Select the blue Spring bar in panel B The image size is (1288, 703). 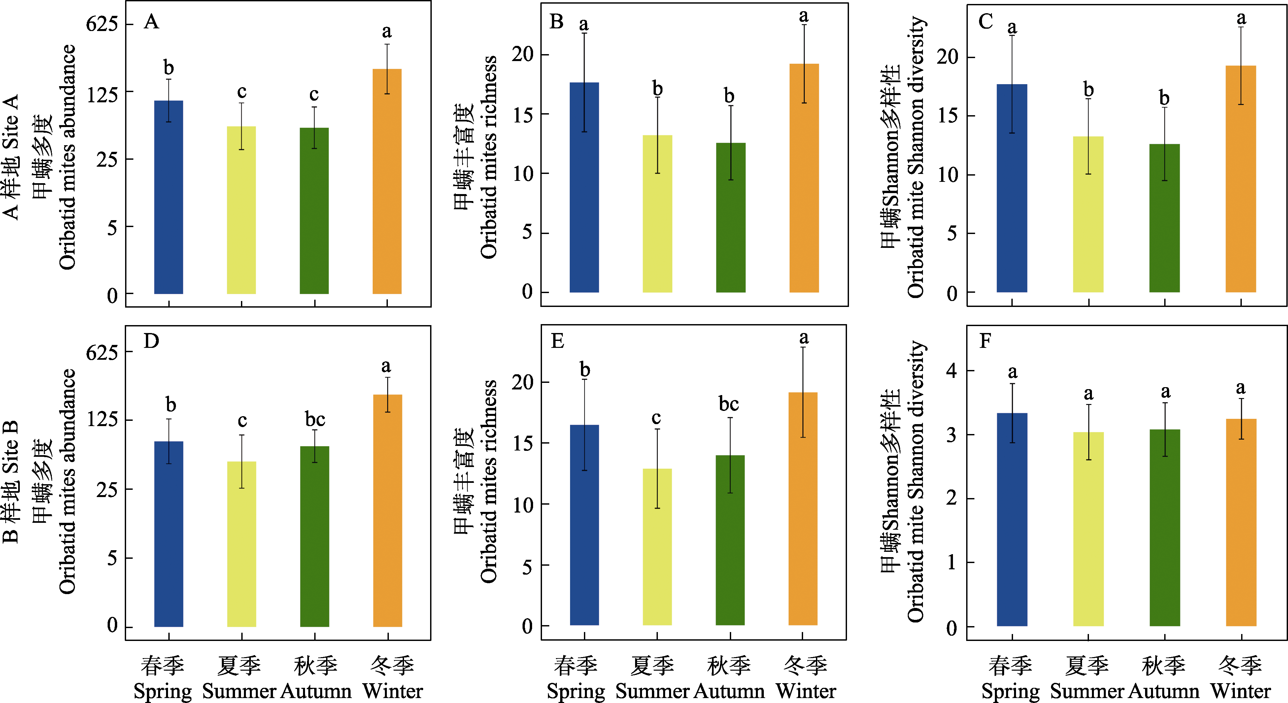tap(584, 187)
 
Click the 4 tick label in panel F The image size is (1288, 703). tap(951, 371)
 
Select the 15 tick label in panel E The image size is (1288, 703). tap(523, 443)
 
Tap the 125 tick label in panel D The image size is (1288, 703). tap(103, 419)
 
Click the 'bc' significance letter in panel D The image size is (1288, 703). tap(315, 419)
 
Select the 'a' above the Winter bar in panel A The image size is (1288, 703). tap(387, 32)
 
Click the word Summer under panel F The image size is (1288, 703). tap(1087, 691)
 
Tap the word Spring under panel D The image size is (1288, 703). tap(162, 691)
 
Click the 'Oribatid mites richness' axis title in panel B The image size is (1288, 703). tap(489, 157)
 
